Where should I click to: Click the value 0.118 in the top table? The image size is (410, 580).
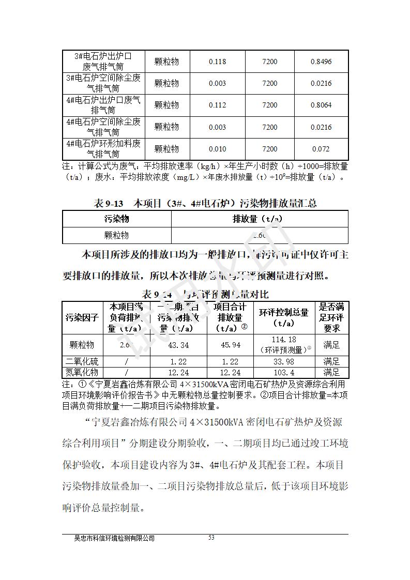point(217,62)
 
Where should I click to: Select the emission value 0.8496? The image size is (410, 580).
point(321,62)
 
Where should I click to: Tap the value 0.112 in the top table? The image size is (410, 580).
point(217,105)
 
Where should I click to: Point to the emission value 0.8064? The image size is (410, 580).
point(321,105)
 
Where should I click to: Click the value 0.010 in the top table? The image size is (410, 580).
point(217,149)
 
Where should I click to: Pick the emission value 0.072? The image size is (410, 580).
point(321,149)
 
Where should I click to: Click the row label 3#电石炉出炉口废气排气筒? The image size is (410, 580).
point(103,61)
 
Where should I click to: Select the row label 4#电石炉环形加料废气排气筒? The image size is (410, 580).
point(103,148)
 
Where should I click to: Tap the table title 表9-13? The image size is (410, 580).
point(109,203)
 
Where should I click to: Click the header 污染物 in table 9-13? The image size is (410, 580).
point(116,219)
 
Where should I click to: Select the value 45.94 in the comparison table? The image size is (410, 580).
point(230,345)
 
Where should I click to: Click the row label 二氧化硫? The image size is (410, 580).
point(82,362)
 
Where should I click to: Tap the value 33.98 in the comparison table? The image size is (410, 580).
point(284,362)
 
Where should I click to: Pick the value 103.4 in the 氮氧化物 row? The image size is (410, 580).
point(284,372)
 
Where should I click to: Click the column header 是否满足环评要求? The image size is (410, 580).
point(331,318)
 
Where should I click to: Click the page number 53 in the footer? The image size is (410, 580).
point(211,538)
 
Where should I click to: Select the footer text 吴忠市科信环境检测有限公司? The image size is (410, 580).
point(115,538)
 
